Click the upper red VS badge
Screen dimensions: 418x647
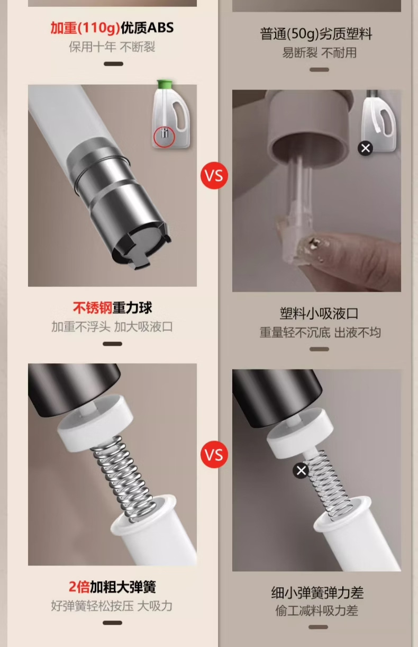214,175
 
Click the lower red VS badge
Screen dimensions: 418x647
214,454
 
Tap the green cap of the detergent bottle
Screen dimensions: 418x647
165,84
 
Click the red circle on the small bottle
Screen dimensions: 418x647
164,137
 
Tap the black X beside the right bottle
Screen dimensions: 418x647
365,148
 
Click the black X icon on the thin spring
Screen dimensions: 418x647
301,471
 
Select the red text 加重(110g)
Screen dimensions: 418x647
85,28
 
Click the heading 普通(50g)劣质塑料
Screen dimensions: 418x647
316,34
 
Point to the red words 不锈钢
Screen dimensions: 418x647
93,308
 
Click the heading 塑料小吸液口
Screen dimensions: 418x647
319,313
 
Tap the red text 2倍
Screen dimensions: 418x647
79,587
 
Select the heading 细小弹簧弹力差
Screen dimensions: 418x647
317,592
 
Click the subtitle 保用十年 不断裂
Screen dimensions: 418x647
112,47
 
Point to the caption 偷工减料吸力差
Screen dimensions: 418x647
317,611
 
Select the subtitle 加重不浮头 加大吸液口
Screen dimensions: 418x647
112,327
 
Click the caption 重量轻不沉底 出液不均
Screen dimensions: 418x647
320,333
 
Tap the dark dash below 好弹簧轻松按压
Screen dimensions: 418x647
112,623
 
